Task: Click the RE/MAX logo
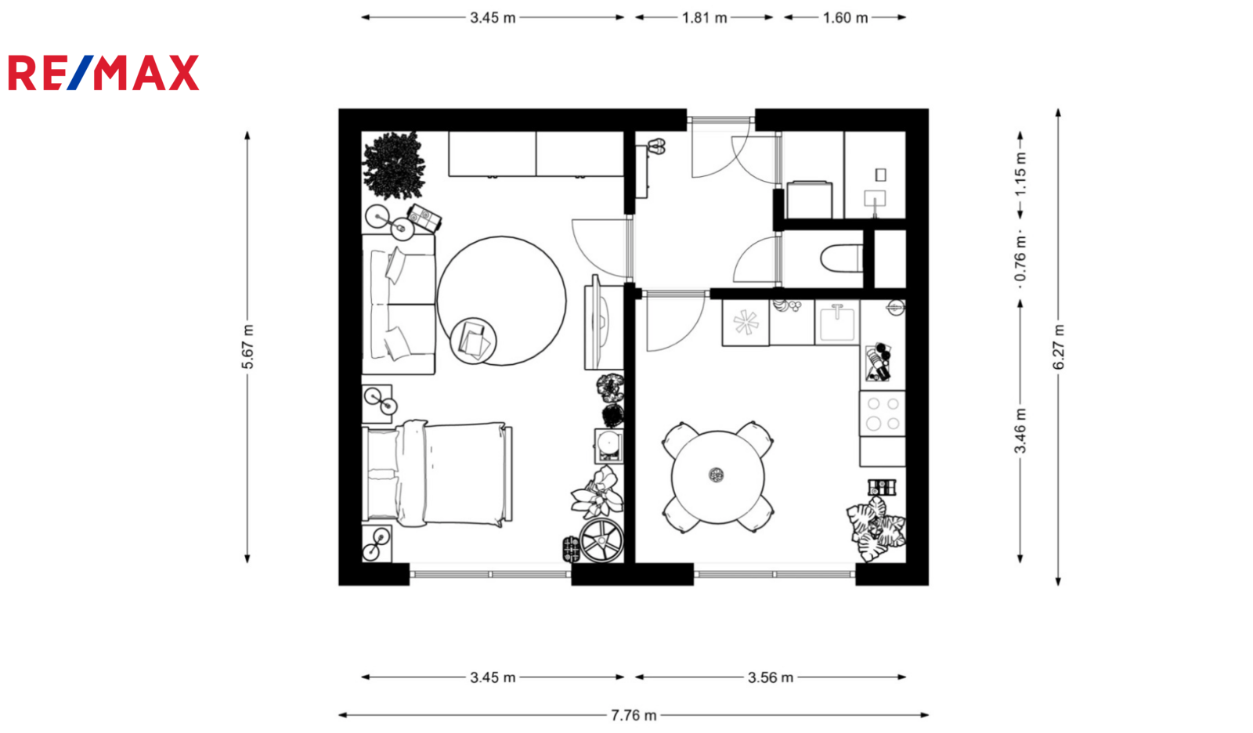point(103,73)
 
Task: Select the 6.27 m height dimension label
point(1058,347)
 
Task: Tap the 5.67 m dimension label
point(247,347)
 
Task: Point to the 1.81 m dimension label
point(704,18)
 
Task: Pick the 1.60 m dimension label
point(845,18)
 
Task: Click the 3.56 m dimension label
point(771,677)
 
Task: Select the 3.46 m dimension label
point(1020,431)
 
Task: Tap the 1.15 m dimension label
point(1020,175)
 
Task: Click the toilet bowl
point(841,258)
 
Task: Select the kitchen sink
point(837,323)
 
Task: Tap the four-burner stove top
point(882,413)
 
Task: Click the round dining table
point(717,477)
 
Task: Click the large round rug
point(501,301)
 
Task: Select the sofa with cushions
point(399,304)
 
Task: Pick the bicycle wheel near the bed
point(601,540)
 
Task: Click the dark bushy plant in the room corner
point(394,165)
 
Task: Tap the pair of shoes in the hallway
point(656,146)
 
